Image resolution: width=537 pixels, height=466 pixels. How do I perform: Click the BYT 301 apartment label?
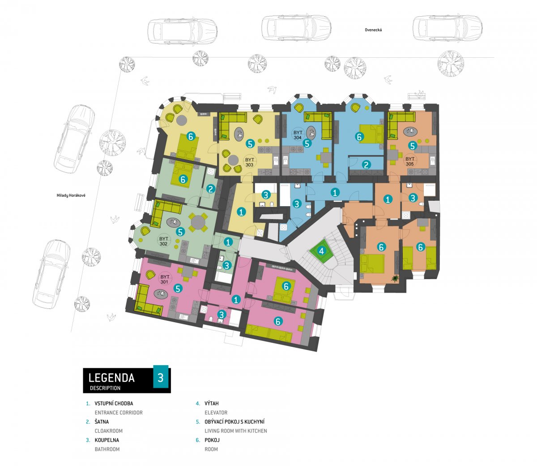pyautogui.click(x=165, y=279)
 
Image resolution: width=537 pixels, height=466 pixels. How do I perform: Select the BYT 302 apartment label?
pyautogui.click(x=164, y=241)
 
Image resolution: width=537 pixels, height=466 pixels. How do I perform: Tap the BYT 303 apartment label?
pyautogui.click(x=249, y=162)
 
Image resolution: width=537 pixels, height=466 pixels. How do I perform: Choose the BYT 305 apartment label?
pyautogui.click(x=410, y=161)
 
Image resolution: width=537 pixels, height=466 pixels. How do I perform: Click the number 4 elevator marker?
pyautogui.click(x=322, y=251)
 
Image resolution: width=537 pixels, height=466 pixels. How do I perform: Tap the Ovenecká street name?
pyautogui.click(x=373, y=30)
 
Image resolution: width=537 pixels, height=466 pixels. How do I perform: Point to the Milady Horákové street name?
pyautogui.click(x=71, y=195)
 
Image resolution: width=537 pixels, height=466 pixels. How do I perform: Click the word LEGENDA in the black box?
pyautogui.click(x=111, y=378)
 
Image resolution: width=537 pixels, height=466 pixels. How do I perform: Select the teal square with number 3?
pyautogui.click(x=161, y=377)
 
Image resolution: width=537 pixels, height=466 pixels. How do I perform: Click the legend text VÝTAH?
pyautogui.click(x=212, y=404)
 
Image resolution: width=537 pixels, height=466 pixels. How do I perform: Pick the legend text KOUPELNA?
pyautogui.click(x=107, y=440)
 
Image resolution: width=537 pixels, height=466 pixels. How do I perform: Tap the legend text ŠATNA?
pyautogui.click(x=102, y=422)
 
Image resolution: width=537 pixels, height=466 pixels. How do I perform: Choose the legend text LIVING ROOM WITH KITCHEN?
pyautogui.click(x=236, y=431)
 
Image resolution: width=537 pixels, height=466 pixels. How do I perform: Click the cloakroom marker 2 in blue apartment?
pyautogui.click(x=367, y=165)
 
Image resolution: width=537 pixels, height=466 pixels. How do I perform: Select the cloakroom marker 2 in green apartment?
pyautogui.click(x=211, y=189)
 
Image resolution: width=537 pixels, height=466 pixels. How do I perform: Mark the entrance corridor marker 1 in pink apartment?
pyautogui.click(x=236, y=300)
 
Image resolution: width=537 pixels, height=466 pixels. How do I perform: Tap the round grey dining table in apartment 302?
pyautogui.click(x=198, y=222)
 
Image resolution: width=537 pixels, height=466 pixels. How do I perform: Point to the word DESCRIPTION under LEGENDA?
pyautogui.click(x=105, y=388)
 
